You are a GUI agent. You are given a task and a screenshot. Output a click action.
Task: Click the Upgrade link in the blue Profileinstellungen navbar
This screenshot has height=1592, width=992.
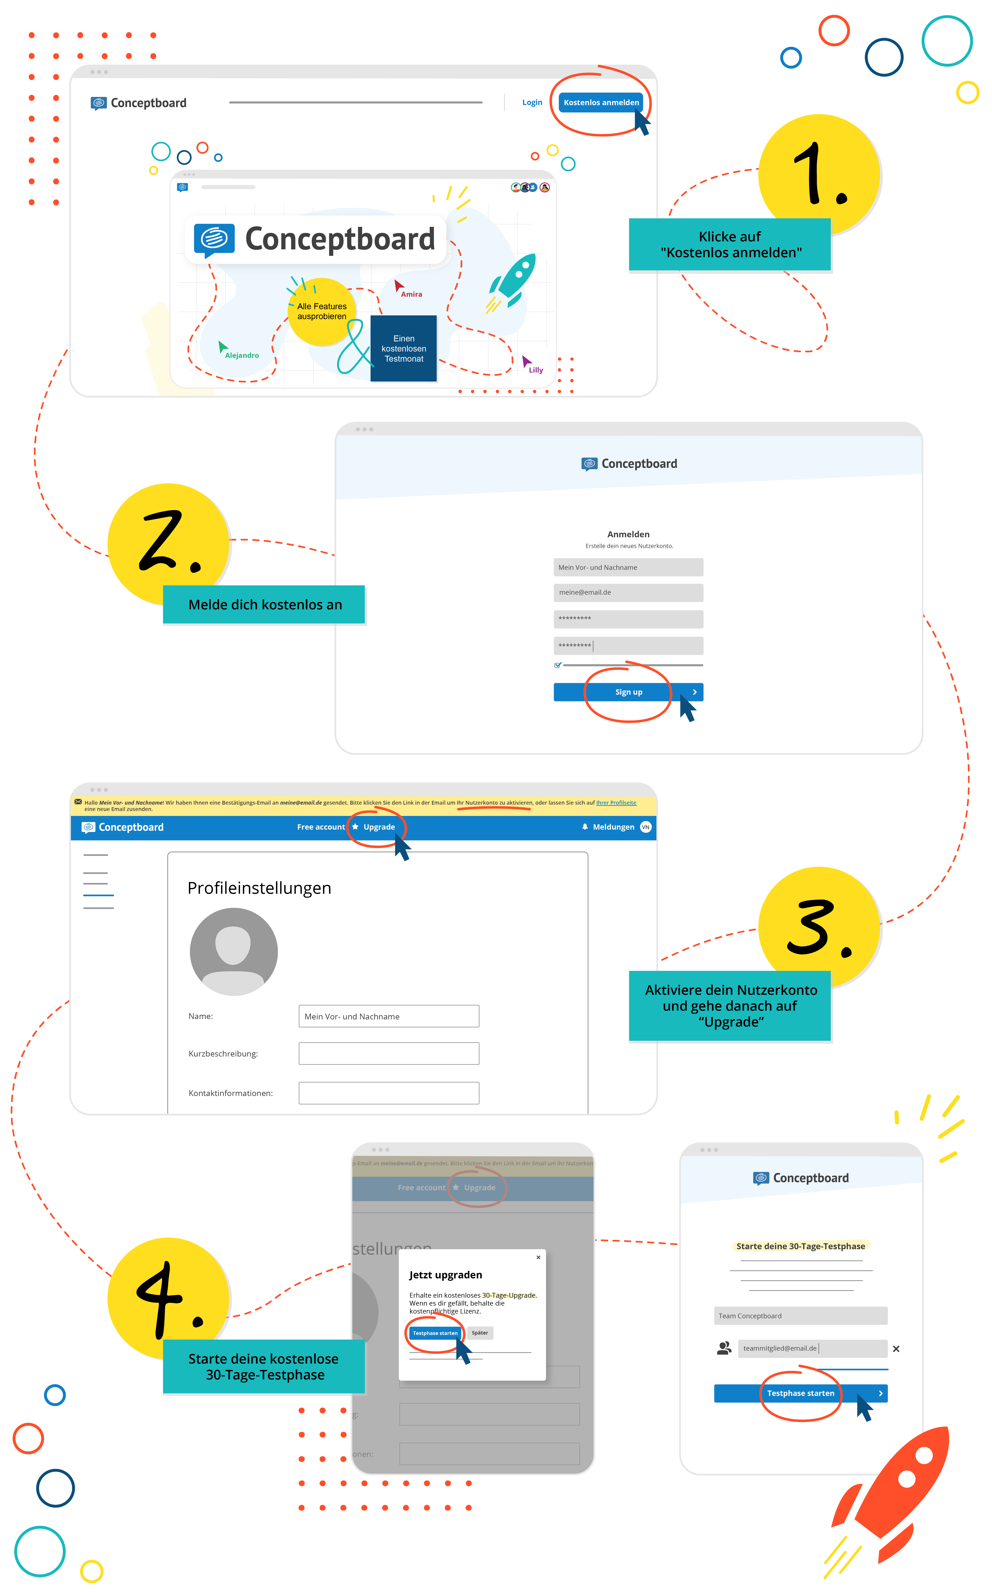[379, 827]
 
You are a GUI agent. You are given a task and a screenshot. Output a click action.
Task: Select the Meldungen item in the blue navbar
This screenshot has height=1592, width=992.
[613, 827]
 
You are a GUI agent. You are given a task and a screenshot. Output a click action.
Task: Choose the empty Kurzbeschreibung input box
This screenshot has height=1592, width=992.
[388, 1053]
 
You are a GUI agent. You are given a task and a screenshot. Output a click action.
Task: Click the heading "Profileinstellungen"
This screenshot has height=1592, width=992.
[259, 888]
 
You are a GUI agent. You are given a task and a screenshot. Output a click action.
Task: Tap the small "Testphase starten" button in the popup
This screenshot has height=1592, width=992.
[435, 1333]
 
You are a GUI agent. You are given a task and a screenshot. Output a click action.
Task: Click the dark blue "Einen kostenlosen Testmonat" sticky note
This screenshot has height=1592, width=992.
[404, 349]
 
